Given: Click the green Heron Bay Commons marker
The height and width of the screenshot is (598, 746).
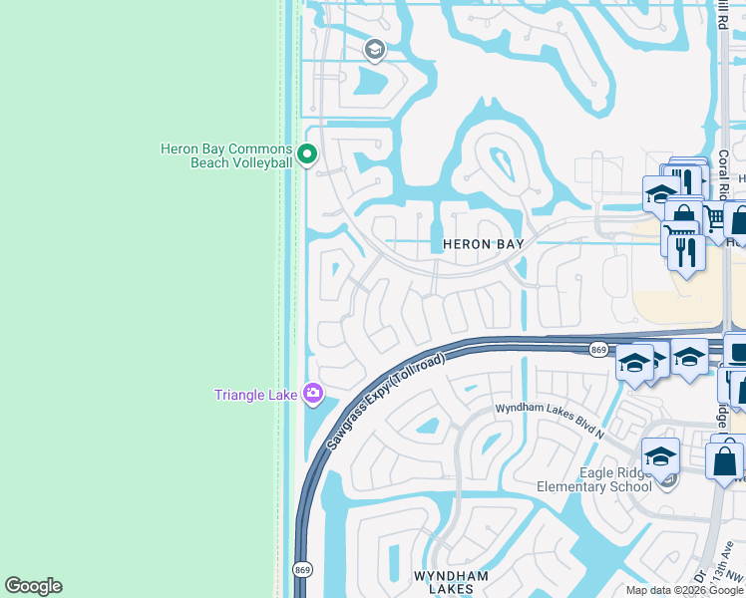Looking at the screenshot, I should tap(307, 154).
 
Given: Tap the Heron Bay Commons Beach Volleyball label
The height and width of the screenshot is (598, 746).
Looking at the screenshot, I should tap(226, 155).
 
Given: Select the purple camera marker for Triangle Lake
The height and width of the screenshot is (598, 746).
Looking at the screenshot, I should tap(313, 395).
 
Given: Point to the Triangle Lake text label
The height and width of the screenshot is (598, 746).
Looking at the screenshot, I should tap(256, 395).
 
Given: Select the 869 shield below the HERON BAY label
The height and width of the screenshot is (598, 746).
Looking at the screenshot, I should tap(598, 350).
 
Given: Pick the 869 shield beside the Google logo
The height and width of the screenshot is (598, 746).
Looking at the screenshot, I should tap(302, 569).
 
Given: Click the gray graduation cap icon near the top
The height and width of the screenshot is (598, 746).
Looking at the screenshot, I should tap(374, 49).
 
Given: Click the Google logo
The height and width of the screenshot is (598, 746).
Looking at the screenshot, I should tap(33, 586).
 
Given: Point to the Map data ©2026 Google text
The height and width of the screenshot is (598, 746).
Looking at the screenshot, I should tap(684, 590).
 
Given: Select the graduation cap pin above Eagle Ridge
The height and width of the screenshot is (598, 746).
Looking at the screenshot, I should tap(660, 455).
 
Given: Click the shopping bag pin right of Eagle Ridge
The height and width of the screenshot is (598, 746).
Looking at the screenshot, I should tap(724, 460).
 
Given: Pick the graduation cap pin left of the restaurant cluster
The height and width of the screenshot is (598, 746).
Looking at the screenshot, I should tap(661, 192).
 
